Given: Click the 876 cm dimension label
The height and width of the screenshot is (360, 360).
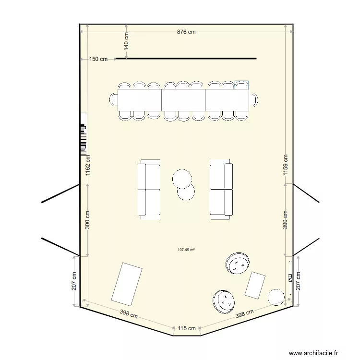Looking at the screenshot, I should pyautogui.click(x=186, y=32).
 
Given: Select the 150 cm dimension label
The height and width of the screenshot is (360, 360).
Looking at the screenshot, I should pyautogui.click(x=98, y=59).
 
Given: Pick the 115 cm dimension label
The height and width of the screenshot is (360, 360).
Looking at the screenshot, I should pyautogui.click(x=187, y=329).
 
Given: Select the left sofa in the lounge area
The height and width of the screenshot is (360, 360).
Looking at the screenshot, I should pyautogui.click(x=149, y=190).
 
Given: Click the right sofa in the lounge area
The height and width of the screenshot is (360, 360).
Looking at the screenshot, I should pyautogui.click(x=221, y=190).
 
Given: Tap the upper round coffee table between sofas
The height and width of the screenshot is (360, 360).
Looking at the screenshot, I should pyautogui.click(x=182, y=179).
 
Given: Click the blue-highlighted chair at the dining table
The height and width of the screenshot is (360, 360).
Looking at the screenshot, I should pyautogui.click(x=241, y=85).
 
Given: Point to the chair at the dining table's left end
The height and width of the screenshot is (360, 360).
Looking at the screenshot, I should pyautogui.click(x=114, y=100).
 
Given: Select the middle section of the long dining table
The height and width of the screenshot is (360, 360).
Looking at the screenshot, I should pyautogui.click(x=183, y=100).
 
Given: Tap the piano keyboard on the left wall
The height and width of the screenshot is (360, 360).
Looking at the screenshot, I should pyautogui.click(x=83, y=139).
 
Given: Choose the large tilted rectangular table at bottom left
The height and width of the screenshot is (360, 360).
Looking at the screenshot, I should pyautogui.click(x=127, y=284).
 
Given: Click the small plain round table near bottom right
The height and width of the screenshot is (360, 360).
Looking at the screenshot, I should pyautogui.click(x=276, y=297).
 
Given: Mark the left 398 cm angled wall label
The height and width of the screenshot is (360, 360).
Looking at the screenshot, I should pyautogui.click(x=129, y=315).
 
